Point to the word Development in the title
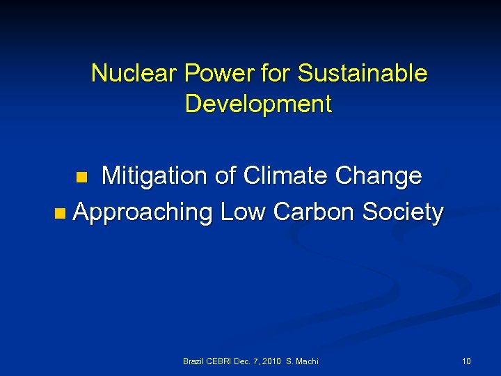[259, 104]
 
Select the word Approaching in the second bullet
[143, 212]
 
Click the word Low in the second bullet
[243, 212]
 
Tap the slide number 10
[466, 361]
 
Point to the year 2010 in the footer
[273, 361]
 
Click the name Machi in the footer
[307, 361]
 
